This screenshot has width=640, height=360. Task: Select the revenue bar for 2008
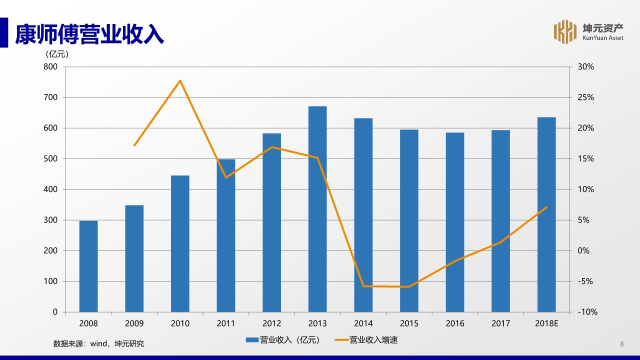pyautogui.click(x=88, y=266)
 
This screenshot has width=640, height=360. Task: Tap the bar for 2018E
pyautogui.click(x=546, y=214)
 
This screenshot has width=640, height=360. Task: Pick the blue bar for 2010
pyautogui.click(x=180, y=243)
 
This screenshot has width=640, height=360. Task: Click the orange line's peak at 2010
pyautogui.click(x=180, y=80)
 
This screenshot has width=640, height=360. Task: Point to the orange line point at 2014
pyautogui.click(x=363, y=286)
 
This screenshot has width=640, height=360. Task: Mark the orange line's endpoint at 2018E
pyautogui.click(x=546, y=207)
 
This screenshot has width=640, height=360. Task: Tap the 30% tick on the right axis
pyautogui.click(x=585, y=66)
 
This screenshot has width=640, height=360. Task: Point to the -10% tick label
pyautogui.click(x=587, y=312)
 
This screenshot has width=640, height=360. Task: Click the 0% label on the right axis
pyautogui.click(x=583, y=250)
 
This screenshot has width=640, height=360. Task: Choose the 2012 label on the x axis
pyautogui.click(x=271, y=323)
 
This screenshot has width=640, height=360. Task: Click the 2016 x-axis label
pyautogui.click(x=455, y=323)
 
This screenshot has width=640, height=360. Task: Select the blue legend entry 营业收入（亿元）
pyautogui.click(x=282, y=340)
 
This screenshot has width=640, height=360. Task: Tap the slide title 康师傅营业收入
pyautogui.click(x=89, y=34)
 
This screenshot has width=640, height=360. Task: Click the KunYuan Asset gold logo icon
pyautogui.click(x=565, y=32)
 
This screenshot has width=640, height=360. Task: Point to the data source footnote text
pyautogui.click(x=98, y=343)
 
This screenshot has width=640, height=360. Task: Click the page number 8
pyautogui.click(x=622, y=343)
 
